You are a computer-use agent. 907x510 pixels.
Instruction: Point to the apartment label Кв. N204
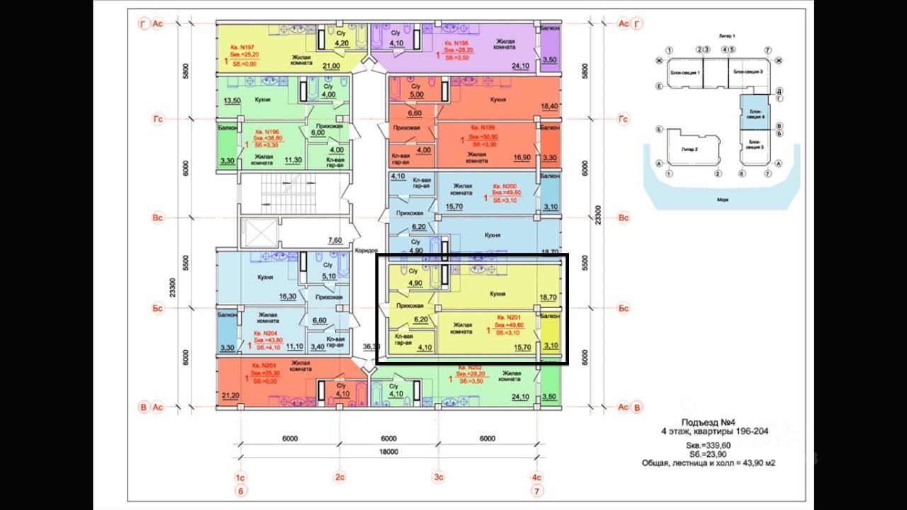pos(266,333)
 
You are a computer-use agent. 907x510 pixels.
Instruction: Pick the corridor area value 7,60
pos(334,239)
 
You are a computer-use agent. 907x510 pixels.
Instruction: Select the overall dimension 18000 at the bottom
pos(388,452)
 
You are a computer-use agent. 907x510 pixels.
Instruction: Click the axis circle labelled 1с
pos(240,477)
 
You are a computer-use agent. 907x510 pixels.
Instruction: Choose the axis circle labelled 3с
pos(439,477)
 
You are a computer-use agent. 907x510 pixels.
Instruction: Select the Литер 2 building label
pos(685,149)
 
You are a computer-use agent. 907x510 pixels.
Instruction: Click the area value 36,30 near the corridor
pos(371,346)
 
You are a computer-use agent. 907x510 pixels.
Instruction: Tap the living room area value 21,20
pos(230,395)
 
